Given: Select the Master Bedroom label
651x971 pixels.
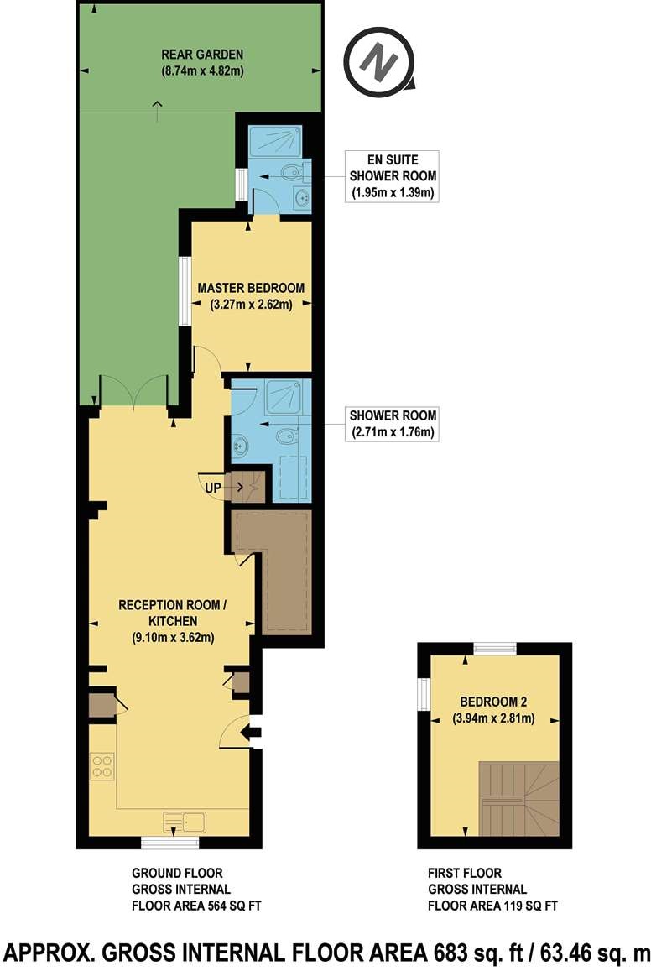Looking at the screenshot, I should click(251, 296).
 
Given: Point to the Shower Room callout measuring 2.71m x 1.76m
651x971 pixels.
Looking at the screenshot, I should click(393, 424).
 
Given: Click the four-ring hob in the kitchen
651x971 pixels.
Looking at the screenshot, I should click(102, 765).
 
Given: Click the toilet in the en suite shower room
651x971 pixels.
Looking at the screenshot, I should click(289, 174).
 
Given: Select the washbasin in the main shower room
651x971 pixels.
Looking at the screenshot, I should click(240, 445).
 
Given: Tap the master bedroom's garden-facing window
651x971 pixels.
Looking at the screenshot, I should click(182, 290).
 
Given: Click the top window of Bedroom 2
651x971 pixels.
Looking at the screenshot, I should click(493, 648).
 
